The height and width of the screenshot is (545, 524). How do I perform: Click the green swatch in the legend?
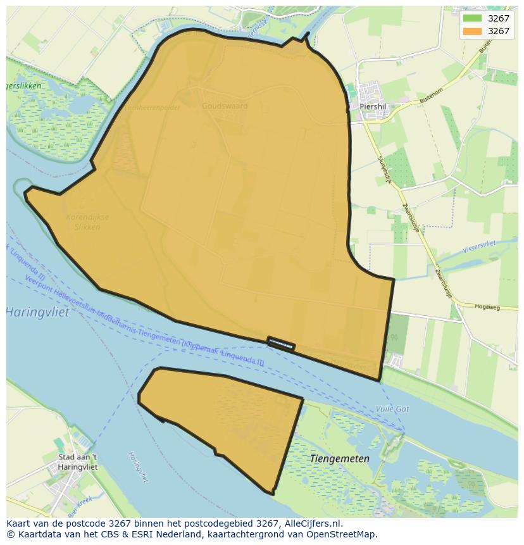pos(471,18)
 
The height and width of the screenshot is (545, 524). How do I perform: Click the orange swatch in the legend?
pos(471,31)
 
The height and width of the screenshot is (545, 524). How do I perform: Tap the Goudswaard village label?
pos(225,106)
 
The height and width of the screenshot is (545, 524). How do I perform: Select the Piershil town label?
pos(372,107)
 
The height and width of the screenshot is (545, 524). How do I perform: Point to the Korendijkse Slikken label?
pos(87,222)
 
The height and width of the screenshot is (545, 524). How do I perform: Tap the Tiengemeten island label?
pos(340,459)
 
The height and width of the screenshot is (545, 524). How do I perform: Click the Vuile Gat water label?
pos(392,409)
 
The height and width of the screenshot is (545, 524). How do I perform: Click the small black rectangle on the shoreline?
pos(281,343)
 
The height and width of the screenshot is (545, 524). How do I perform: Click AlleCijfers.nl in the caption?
pos(312,523)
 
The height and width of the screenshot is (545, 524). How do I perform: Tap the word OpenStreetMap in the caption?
pos(342,534)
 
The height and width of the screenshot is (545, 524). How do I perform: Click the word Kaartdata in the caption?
pos(35,534)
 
